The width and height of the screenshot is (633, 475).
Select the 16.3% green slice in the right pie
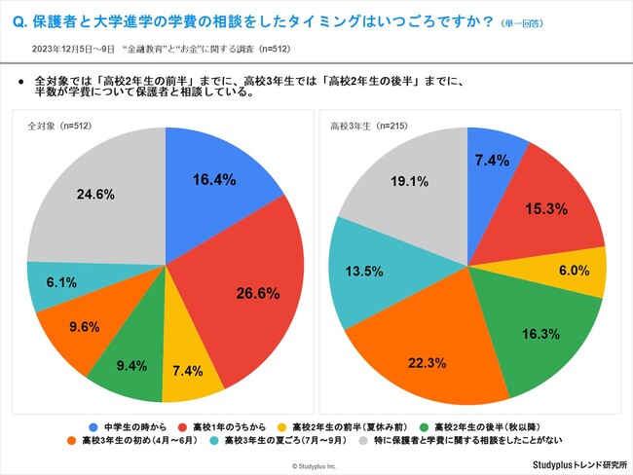(x=526, y=336)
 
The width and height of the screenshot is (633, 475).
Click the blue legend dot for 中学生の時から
(x=93, y=425)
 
